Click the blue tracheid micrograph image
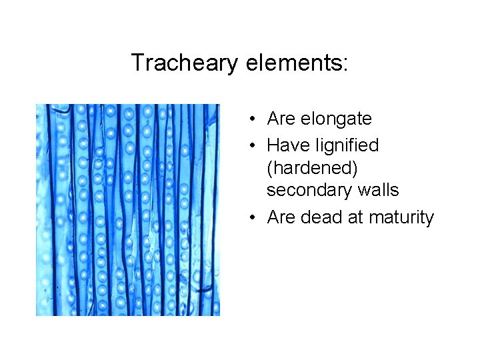pyautogui.click(x=127, y=209)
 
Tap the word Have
pyautogui.click(x=285, y=145)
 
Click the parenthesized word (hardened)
pyautogui.click(x=312, y=168)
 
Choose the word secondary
pyautogui.click(x=307, y=191)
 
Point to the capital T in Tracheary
pyautogui.click(x=137, y=63)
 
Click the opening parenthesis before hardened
pyautogui.click(x=270, y=169)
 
